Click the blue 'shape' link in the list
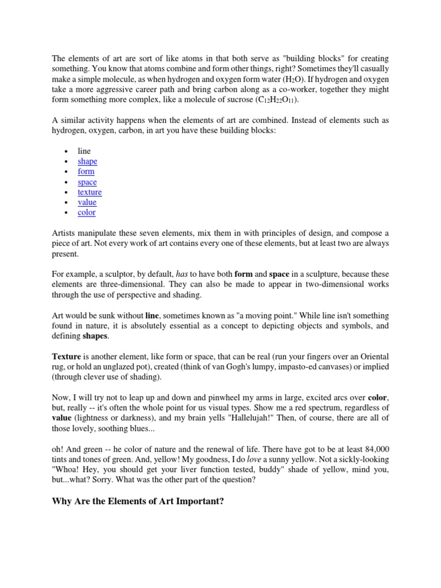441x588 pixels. click(x=87, y=161)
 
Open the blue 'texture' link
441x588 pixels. click(x=90, y=192)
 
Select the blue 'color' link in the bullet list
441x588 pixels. click(x=87, y=212)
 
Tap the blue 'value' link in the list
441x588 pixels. click(x=87, y=202)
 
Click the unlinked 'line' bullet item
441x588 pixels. click(x=84, y=151)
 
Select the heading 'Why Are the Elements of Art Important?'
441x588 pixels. click(x=138, y=501)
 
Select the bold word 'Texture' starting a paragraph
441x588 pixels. click(x=67, y=357)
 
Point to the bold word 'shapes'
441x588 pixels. click(x=95, y=336)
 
